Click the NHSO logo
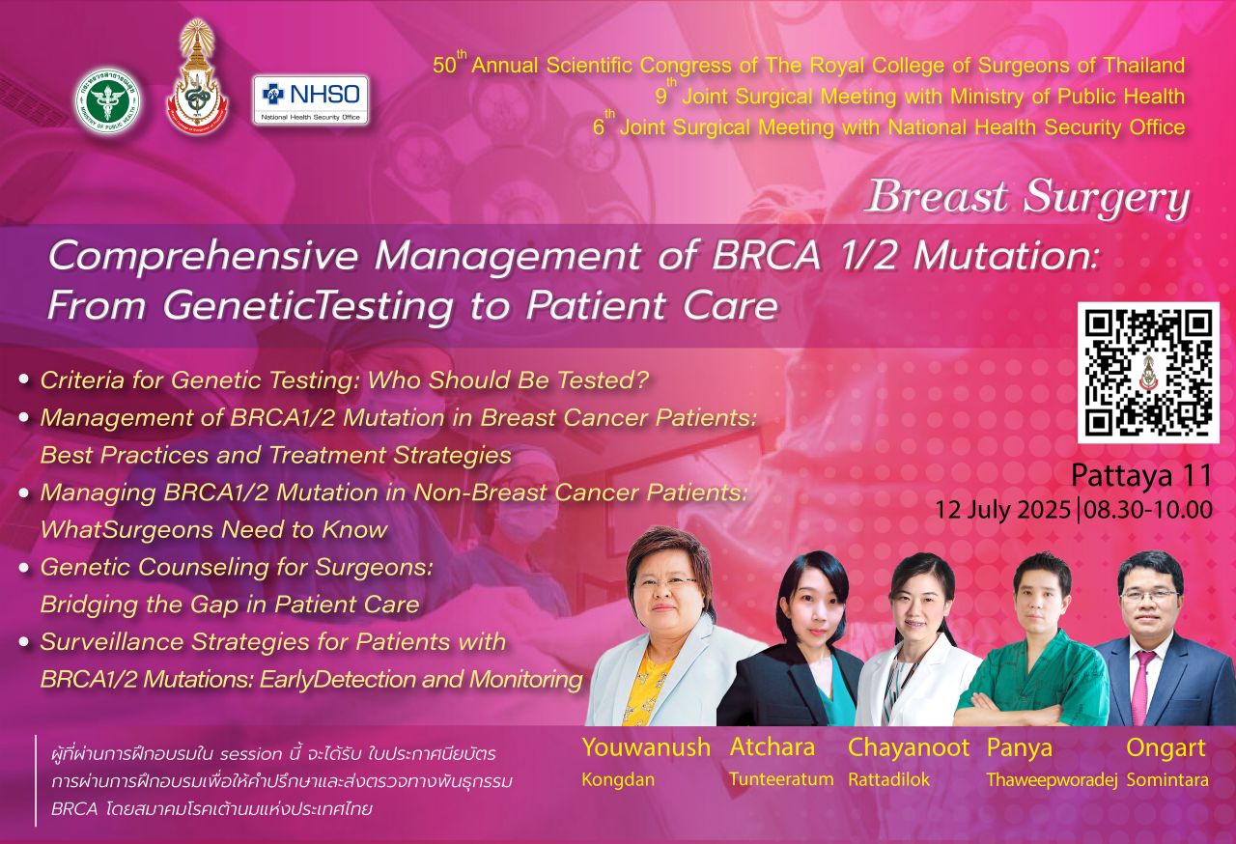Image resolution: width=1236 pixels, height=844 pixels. coord(311,99)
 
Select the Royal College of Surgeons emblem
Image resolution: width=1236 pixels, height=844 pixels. coord(197,77)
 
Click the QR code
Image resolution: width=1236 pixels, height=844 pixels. coord(1148,373)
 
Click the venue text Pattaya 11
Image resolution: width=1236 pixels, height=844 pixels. coord(1141,475)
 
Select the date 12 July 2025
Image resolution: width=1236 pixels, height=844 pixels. coord(1002,510)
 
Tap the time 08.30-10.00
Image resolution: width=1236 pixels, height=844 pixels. coord(1148,509)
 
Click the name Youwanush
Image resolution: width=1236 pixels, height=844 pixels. coord(646,747)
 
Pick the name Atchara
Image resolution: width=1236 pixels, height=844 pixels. coord(772,747)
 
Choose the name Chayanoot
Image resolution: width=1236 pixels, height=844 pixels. coord(909,747)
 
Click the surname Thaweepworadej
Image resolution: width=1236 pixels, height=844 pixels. coord(1053,780)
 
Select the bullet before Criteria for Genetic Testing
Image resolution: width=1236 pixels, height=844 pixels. coord(24,380)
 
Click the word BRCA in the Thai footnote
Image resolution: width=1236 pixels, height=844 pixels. coord(74,809)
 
